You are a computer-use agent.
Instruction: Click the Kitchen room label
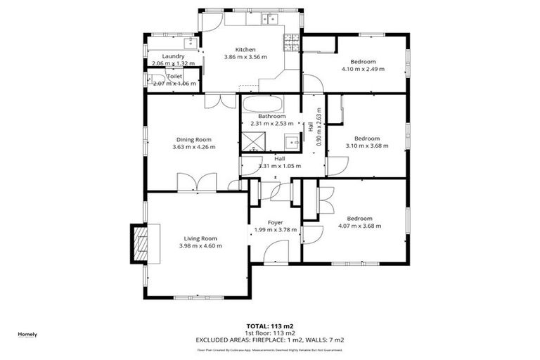tap(245, 49)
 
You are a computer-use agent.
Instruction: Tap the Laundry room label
tap(173, 56)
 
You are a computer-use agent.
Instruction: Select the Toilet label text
tap(174, 76)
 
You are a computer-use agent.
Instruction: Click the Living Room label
tap(200, 238)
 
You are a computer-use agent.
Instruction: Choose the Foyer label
tap(275, 222)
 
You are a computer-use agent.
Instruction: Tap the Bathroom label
tap(271, 116)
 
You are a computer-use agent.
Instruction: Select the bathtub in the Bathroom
tap(263, 105)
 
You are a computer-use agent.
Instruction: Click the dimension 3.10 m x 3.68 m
tap(367, 146)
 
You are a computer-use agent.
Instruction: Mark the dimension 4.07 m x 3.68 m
tap(359, 226)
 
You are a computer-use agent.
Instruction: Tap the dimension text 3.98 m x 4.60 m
tap(200, 246)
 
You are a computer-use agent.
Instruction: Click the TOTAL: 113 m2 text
tap(269, 326)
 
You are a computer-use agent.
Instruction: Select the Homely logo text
tap(27, 334)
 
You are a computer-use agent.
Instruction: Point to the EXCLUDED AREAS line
tap(269, 340)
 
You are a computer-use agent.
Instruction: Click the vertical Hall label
tap(310, 127)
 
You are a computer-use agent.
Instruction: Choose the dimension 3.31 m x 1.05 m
tap(279, 166)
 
